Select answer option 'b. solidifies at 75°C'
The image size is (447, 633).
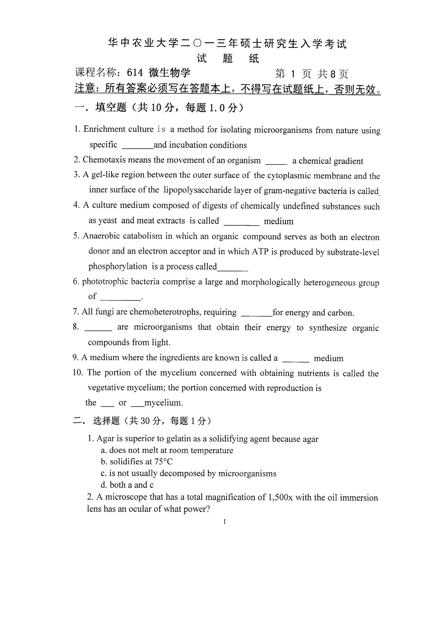coord(137,462)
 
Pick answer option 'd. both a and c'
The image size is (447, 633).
coord(127,485)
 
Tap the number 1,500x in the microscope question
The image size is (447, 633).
coord(281,497)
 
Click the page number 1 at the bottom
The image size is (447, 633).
coord(224,522)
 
